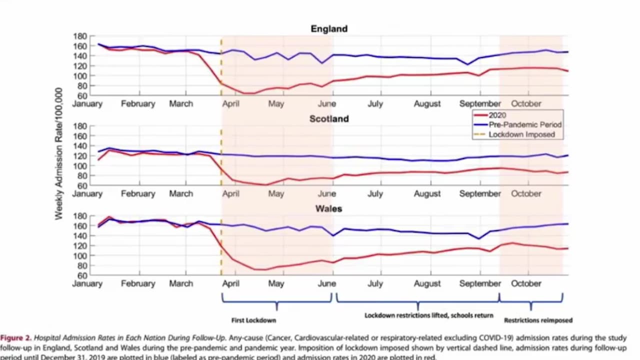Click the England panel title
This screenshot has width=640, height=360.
pyautogui.click(x=329, y=29)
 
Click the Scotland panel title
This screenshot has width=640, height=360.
pyautogui.click(x=329, y=119)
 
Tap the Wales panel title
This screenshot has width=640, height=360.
pyautogui.click(x=329, y=208)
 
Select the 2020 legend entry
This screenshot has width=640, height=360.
pyautogui.click(x=497, y=115)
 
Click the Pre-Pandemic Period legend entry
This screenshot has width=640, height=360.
pyautogui.click(x=525, y=125)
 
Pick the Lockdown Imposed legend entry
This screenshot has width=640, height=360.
pyautogui.click(x=521, y=134)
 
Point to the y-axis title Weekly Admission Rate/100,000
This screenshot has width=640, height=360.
pyautogui.click(x=59, y=154)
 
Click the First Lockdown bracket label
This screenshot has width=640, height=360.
pyautogui.click(x=253, y=320)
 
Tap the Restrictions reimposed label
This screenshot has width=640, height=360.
pyautogui.click(x=538, y=320)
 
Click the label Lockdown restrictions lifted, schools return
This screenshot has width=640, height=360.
pyautogui.click(x=428, y=315)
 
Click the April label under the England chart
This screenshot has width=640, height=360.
pyautogui.click(x=230, y=104)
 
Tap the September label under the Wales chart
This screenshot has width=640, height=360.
pyautogui.click(x=480, y=283)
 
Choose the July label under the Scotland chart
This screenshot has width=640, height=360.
pyautogui.click(x=375, y=193)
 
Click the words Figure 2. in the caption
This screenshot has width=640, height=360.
pyautogui.click(x=15, y=338)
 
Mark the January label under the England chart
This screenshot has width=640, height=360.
pyautogui.click(x=87, y=104)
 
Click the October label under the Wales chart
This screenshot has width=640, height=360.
pyautogui.click(x=526, y=283)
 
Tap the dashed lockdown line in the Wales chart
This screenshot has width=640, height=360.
pyautogui.click(x=221, y=250)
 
